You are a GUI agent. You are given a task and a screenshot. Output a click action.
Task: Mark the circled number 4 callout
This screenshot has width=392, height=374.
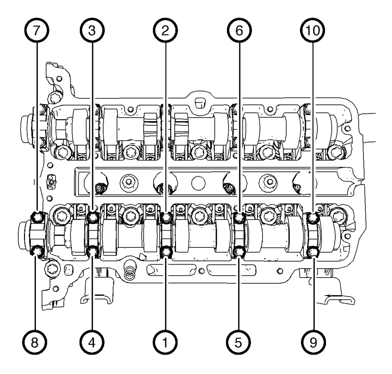tap(92, 341)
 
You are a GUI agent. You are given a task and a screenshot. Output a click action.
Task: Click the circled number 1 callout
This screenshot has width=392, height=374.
tap(165, 341)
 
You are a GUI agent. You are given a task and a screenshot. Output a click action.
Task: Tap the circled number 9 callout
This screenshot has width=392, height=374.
tap(313, 341)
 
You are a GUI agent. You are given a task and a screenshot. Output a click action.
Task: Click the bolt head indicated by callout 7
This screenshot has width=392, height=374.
tap(38, 216)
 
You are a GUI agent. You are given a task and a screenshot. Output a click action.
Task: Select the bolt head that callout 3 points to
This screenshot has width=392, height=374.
tap(93, 216)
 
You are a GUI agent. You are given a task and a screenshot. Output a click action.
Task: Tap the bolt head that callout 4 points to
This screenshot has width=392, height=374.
tap(93, 252)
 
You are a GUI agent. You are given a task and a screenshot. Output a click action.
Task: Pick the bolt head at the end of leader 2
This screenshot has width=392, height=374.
tap(166, 217)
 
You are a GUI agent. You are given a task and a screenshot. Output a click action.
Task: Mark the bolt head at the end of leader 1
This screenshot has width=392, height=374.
tap(166, 253)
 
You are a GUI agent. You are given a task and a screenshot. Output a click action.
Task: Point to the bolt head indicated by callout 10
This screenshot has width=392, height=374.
tap(313, 217)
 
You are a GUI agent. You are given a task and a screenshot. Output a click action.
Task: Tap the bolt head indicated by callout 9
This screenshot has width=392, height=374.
tap(313, 252)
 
